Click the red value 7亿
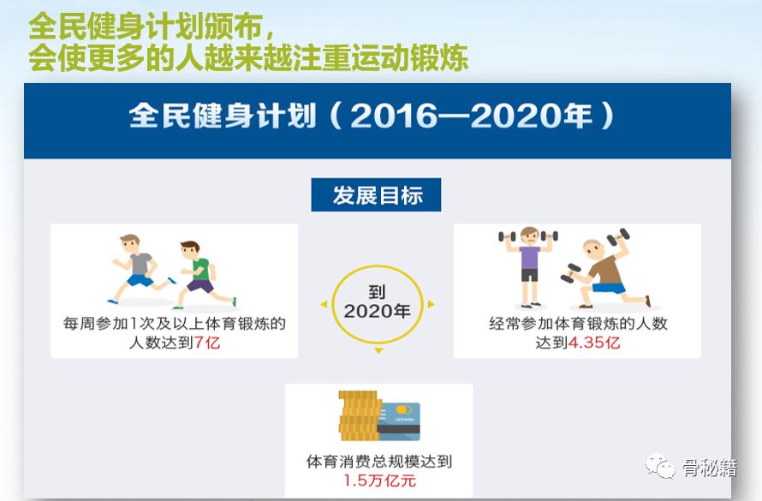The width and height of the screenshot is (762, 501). (207, 343)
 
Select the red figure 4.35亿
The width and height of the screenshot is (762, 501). (594, 343)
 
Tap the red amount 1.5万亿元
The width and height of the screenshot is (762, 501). (379, 480)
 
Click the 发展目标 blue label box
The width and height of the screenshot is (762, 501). (376, 194)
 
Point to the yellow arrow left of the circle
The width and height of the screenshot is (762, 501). (324, 304)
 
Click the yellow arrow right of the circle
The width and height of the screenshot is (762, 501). (431, 304)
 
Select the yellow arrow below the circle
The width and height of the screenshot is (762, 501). (379, 350)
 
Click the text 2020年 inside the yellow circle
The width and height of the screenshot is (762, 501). (377, 311)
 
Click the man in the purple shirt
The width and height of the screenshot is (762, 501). (529, 267)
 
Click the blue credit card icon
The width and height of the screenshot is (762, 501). (398, 421)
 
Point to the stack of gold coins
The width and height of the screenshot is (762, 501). (358, 415)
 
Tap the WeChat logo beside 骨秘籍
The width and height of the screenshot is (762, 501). (660, 466)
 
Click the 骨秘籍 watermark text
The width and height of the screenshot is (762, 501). (710, 468)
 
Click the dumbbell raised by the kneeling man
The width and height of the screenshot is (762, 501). (618, 236)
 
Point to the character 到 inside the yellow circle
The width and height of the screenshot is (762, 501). (377, 292)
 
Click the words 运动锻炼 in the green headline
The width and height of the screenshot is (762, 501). (409, 58)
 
